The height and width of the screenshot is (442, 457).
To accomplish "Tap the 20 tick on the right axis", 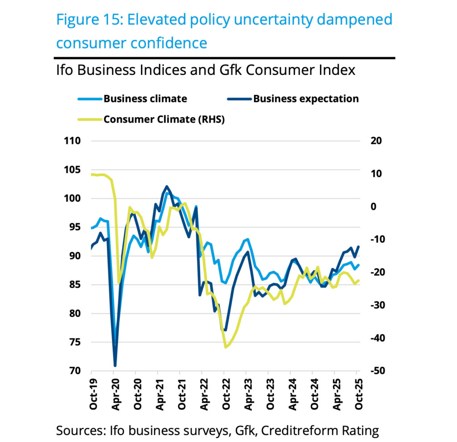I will [376, 141].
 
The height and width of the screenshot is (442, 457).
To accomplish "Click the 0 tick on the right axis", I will [373, 207].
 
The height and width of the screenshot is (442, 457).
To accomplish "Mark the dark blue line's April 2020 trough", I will [115, 366].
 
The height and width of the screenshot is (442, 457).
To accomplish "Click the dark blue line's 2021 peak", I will [167, 186].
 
